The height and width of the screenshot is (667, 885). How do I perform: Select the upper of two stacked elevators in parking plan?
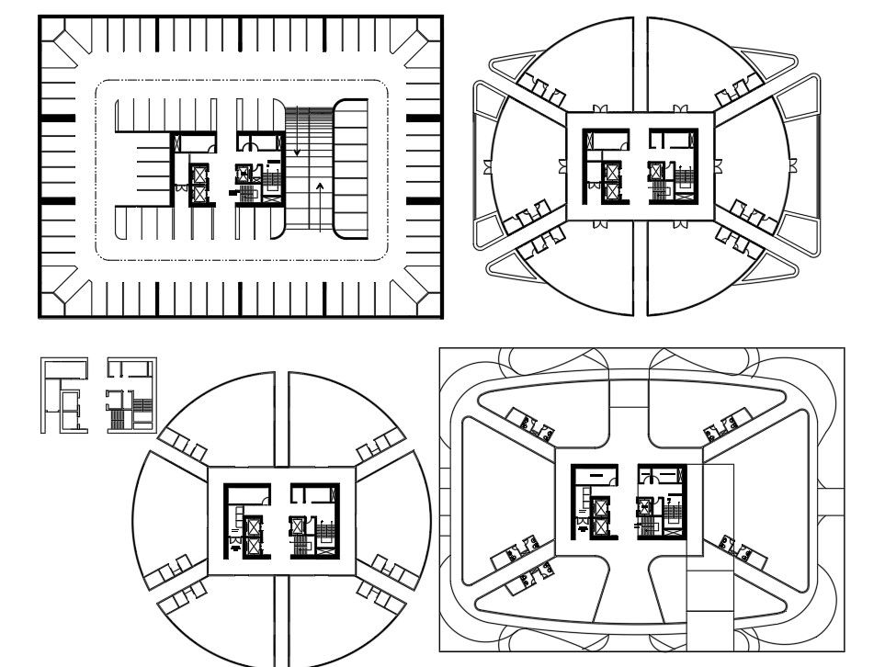pos(199,175)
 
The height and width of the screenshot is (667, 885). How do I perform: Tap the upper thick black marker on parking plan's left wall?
pos(57,118)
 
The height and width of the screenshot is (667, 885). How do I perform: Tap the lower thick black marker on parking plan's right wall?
pos(424,200)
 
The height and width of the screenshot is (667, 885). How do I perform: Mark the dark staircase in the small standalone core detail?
pos(118,419)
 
